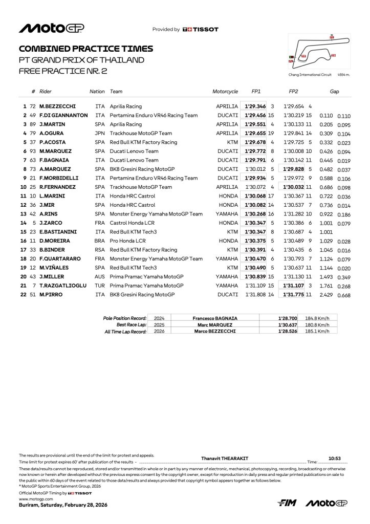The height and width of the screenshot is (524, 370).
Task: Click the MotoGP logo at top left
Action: [52, 29]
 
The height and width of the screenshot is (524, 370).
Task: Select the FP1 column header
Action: [256, 92]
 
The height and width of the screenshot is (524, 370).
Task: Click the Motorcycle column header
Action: [225, 92]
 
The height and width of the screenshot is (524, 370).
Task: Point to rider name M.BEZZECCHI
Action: [57, 106]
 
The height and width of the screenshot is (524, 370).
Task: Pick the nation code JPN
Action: [100, 133]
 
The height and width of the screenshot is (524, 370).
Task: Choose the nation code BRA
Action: [100, 241]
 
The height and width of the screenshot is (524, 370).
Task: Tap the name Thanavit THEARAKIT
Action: [223, 458]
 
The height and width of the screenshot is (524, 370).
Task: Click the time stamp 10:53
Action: [334, 458]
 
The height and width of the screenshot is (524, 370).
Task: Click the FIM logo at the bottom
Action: [287, 504]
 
